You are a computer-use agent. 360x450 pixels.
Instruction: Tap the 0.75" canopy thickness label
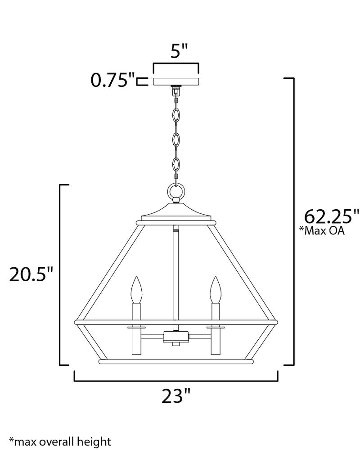(112, 80)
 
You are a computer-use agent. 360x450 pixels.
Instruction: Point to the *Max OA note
(322, 230)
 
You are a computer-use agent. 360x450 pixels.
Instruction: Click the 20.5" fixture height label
(31, 274)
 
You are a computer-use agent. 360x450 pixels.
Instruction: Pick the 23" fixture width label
(176, 396)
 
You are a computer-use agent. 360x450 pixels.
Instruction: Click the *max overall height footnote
(60, 441)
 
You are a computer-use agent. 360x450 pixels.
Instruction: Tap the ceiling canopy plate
(176, 81)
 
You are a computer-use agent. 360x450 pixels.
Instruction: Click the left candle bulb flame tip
(137, 277)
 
